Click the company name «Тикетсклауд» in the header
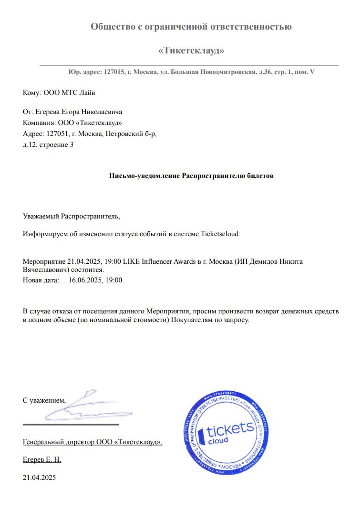coord(191,50)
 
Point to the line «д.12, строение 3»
coord(48,145)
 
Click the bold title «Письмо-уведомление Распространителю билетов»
coord(192,176)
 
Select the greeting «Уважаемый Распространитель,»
coord(72,216)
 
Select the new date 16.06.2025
coord(84,280)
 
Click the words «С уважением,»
coord(44,400)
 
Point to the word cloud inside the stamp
coord(218,440)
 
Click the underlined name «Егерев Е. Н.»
coord(42,460)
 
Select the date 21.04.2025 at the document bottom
coord(39,477)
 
